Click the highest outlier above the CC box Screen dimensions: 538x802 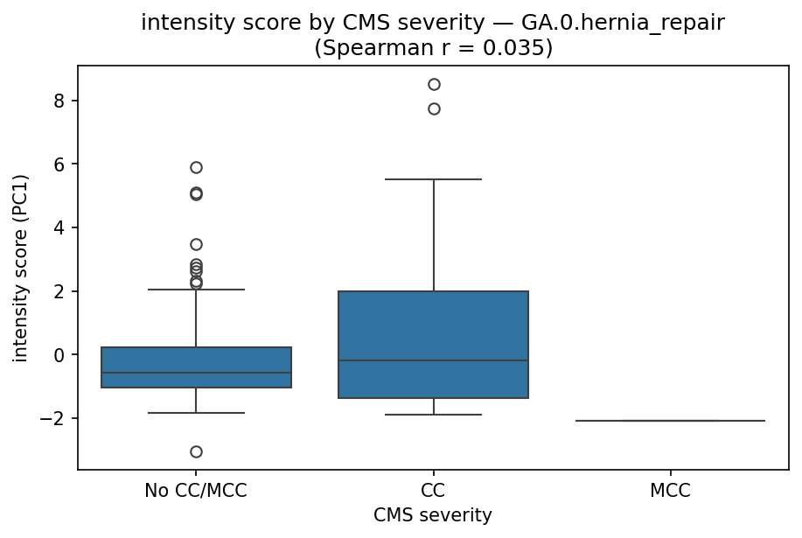point(434,84)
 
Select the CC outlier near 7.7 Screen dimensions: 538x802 point(434,108)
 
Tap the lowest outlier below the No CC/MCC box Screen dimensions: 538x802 point(196,451)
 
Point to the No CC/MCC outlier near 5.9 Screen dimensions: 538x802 point(196,167)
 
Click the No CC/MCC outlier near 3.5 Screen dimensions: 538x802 point(196,244)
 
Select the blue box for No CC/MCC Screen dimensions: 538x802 point(196,367)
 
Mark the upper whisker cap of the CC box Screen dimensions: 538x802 point(434,179)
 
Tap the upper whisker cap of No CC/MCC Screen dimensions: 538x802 point(196,289)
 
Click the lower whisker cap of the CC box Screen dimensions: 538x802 point(434,415)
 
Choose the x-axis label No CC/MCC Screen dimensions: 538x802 point(196,491)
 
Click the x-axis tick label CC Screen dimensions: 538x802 point(434,491)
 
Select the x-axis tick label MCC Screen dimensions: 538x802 point(671,491)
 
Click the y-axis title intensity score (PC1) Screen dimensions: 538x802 point(21,268)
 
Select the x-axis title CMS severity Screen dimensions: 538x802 point(433,516)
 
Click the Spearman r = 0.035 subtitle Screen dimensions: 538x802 point(433,48)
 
